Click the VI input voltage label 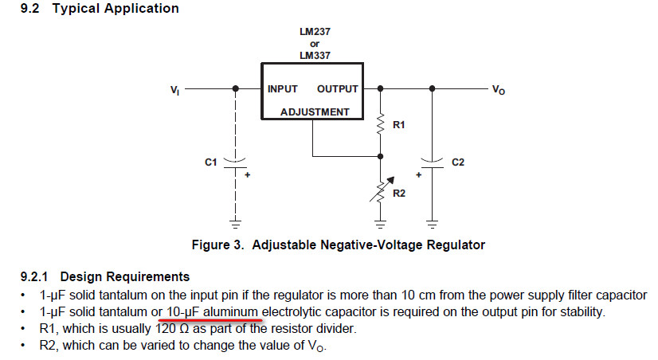point(174,90)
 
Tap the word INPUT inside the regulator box point(283,89)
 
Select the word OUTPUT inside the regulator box point(337,89)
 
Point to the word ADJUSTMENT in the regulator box point(315,112)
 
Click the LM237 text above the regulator point(315,32)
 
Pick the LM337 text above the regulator point(315,55)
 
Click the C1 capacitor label point(210,162)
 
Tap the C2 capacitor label point(457,162)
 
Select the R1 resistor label point(399,125)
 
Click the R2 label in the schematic point(399,192)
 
